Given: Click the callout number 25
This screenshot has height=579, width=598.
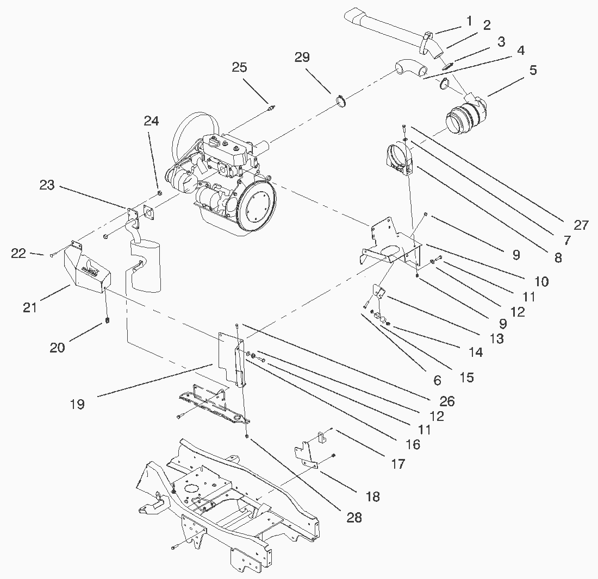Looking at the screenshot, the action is tap(239, 67).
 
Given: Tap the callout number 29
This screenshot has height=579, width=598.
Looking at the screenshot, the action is tap(302, 57).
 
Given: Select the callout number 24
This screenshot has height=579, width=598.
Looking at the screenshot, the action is tap(151, 121).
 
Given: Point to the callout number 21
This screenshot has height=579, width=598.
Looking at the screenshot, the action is tap(30, 307).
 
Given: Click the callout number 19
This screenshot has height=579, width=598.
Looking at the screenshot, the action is tap(77, 404).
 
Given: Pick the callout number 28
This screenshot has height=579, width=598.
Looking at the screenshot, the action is tap(354, 517).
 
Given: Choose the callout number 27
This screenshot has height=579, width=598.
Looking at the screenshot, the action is tap(581, 225).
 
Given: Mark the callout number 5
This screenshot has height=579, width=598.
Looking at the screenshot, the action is tap(533, 70).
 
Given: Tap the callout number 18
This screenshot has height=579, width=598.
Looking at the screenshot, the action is tap(372, 496).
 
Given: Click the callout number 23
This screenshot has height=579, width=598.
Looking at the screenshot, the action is tap(47, 185).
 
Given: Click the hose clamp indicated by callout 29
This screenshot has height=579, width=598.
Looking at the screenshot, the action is tap(341, 102).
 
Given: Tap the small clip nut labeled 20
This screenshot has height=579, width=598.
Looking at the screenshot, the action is tap(107, 319).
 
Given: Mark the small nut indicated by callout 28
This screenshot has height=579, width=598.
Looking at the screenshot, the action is tap(247, 436).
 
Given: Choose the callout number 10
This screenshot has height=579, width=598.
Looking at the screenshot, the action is tap(541, 281).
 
